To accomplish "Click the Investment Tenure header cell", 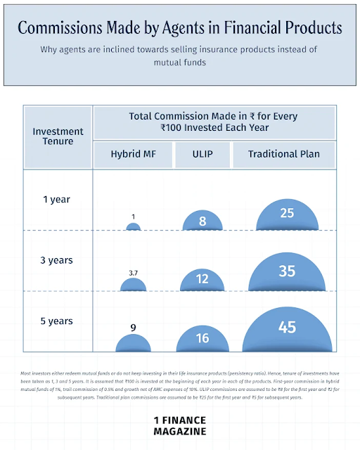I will coord(58,136).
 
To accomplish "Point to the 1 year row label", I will coord(56,199).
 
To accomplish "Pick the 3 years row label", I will coord(56,260).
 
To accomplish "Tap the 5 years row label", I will coord(56,321).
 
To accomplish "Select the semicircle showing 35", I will coord(286,275).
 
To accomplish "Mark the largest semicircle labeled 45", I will coord(286,330).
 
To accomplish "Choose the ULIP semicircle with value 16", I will coord(202,340).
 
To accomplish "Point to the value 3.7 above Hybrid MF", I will coord(133,272).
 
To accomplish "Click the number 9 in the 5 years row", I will coord(133,327).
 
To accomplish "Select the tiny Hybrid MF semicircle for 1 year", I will coord(133,227).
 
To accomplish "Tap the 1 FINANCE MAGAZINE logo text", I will coord(180,425).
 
